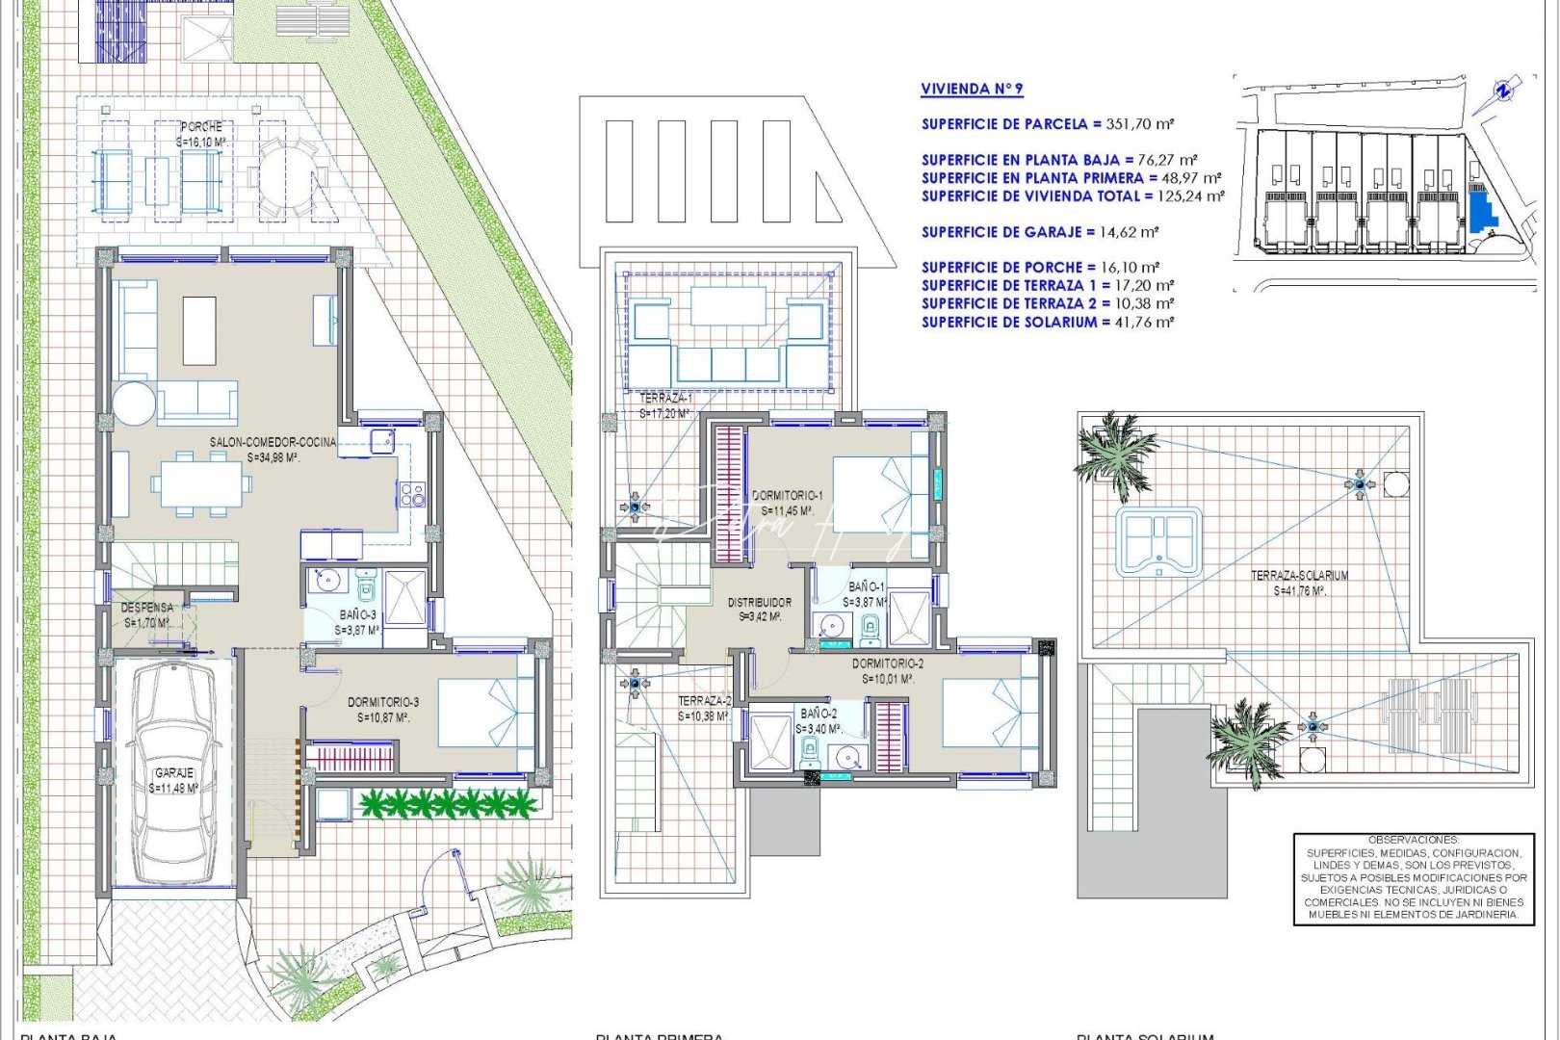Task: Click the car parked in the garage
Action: (174, 770)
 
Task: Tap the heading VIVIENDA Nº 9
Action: (972, 90)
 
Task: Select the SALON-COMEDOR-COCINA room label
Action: (273, 443)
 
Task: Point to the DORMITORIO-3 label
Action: (383, 703)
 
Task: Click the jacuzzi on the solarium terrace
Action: (1159, 541)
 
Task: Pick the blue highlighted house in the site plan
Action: (1480, 208)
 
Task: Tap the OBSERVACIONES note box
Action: (1413, 877)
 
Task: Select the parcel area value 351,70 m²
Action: (1138, 124)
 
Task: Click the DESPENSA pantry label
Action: (147, 608)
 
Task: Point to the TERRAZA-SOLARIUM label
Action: (1299, 576)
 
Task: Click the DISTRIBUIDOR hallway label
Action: (760, 603)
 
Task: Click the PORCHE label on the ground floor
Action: (201, 127)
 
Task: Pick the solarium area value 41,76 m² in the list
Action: (1138, 323)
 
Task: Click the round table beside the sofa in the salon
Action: (134, 403)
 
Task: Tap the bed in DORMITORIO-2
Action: (988, 713)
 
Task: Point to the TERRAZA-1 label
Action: (665, 398)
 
